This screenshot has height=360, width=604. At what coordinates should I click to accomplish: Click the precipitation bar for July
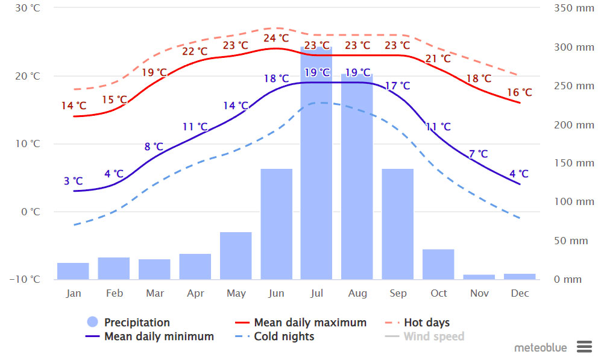pyautogui.click(x=316, y=163)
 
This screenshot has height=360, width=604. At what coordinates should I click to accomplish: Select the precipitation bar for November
pyautogui.click(x=479, y=277)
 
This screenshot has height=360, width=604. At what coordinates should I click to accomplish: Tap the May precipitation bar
pyautogui.click(x=236, y=255)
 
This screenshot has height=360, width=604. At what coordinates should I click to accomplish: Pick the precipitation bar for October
pyautogui.click(x=438, y=264)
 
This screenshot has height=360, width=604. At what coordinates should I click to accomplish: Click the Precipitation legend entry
pyautogui.click(x=128, y=323)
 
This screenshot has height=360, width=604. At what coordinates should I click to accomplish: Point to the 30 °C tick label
pyautogui.click(x=28, y=8)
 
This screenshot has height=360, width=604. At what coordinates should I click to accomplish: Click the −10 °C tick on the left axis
pyautogui.click(x=27, y=279)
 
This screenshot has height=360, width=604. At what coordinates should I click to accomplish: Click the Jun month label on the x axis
pyautogui.click(x=275, y=294)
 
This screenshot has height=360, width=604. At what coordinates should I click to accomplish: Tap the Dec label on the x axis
pyautogui.click(x=520, y=294)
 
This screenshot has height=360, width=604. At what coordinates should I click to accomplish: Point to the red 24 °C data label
pyautogui.click(x=276, y=39)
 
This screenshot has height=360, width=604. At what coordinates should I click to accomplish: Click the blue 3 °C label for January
pyautogui.click(x=73, y=181)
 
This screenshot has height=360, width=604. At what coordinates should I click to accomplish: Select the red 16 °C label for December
pyautogui.click(x=519, y=93)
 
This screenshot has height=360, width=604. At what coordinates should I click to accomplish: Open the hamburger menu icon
pyautogui.click(x=584, y=347)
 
